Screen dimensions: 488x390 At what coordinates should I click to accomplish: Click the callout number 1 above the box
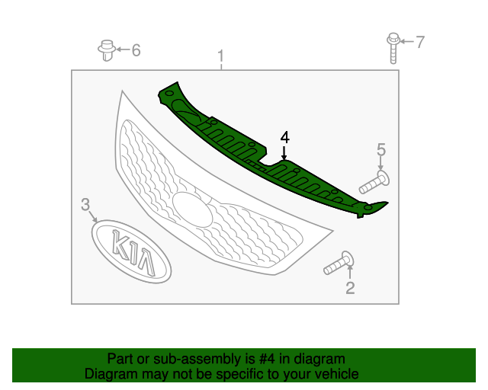pyautogui.click(x=220, y=56)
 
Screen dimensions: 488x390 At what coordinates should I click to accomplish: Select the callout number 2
pyautogui.click(x=350, y=288)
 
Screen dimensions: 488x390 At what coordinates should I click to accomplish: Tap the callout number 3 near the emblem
pyautogui.click(x=85, y=204)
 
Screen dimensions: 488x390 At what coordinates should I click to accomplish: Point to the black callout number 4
pyautogui.click(x=284, y=137)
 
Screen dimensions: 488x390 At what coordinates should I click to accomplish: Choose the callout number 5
pyautogui.click(x=381, y=149)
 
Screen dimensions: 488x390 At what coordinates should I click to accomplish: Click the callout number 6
pyautogui.click(x=136, y=50)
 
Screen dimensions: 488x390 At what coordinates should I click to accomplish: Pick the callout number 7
pyautogui.click(x=420, y=42)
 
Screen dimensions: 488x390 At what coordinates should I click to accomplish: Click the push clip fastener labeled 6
pyautogui.click(x=107, y=50)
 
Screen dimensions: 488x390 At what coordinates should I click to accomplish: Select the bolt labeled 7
pyautogui.click(x=393, y=48)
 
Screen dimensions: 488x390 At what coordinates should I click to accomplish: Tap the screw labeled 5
pyautogui.click(x=374, y=182)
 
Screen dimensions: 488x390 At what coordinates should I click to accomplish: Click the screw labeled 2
pyautogui.click(x=339, y=263)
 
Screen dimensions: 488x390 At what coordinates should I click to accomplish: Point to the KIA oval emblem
pyautogui.click(x=131, y=251)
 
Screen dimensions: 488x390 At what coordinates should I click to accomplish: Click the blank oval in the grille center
pyautogui.click(x=192, y=209)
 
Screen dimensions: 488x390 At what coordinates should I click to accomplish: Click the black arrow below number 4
pyautogui.click(x=284, y=152)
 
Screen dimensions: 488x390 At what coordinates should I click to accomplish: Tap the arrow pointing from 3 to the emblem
pyautogui.click(x=92, y=216)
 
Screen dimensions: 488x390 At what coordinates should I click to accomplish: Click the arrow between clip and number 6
pyautogui.click(x=123, y=50)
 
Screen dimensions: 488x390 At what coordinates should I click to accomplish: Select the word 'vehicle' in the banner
pyautogui.click(x=339, y=374)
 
